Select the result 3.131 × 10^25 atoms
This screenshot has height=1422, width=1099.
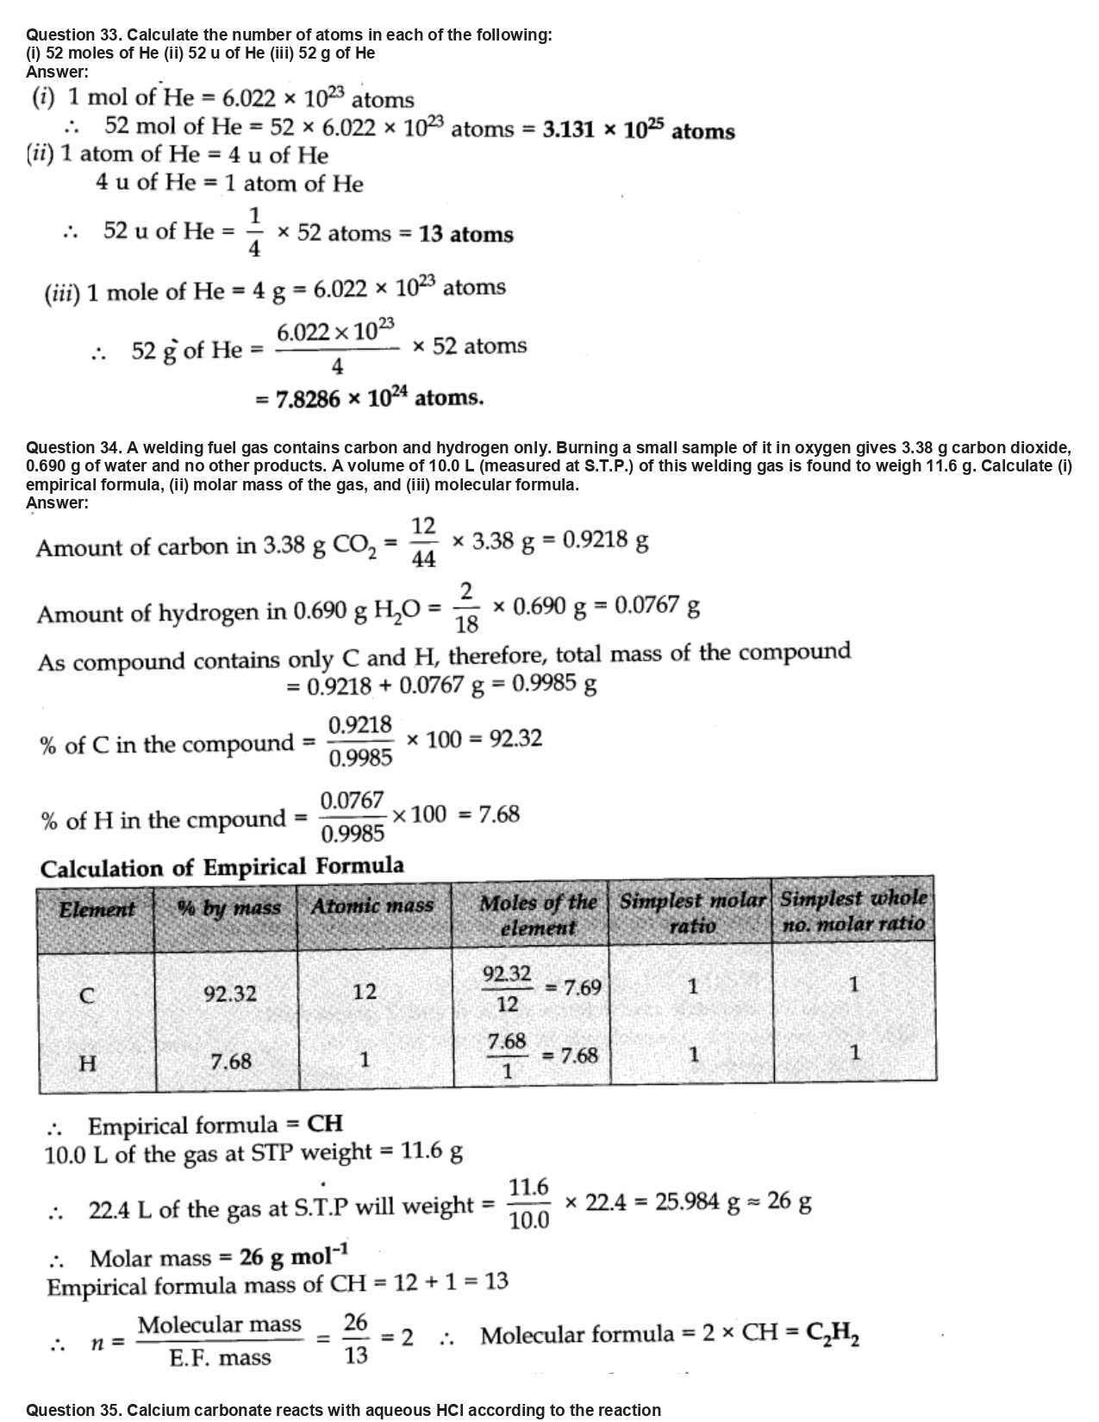[x=639, y=131]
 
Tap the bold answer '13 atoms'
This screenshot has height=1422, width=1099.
[x=466, y=234]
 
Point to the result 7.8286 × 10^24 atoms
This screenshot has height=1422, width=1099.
[x=379, y=398]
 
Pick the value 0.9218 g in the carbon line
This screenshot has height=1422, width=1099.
[x=605, y=540]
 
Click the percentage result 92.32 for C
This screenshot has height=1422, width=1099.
[x=515, y=739]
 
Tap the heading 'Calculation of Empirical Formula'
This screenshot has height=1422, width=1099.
[x=222, y=867]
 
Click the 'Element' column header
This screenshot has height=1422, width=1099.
[x=97, y=909]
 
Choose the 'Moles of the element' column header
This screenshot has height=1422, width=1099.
[x=538, y=915]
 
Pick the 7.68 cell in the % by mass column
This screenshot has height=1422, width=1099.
[x=230, y=1062]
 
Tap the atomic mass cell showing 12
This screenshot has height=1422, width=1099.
[x=365, y=992]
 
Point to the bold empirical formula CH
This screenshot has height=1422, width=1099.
[x=325, y=1124]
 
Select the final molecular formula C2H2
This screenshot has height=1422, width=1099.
[x=832, y=1335]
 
